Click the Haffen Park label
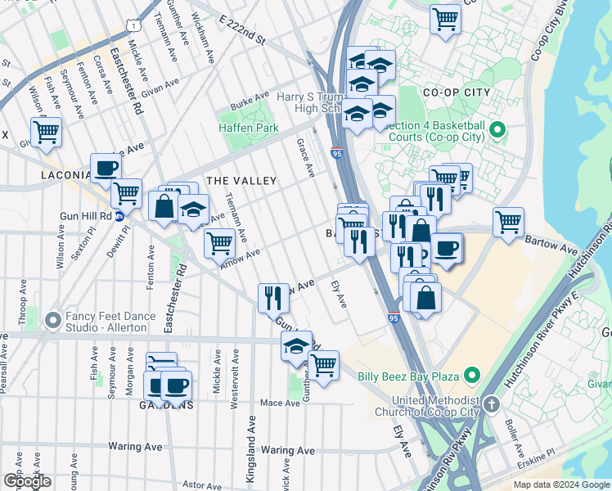point(249,128)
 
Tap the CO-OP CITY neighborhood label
point(457,92)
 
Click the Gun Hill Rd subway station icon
point(118,216)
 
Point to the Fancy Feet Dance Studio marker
point(53,319)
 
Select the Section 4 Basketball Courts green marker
point(497,130)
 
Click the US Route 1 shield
point(132,26)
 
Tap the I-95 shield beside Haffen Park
point(337,152)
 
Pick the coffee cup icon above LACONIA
point(106,169)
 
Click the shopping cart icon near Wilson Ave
point(47,131)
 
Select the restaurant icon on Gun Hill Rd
point(273,297)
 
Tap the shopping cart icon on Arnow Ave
point(219,242)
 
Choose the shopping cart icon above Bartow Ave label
point(508,221)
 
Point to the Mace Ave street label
point(279,403)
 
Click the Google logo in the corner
point(27,481)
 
